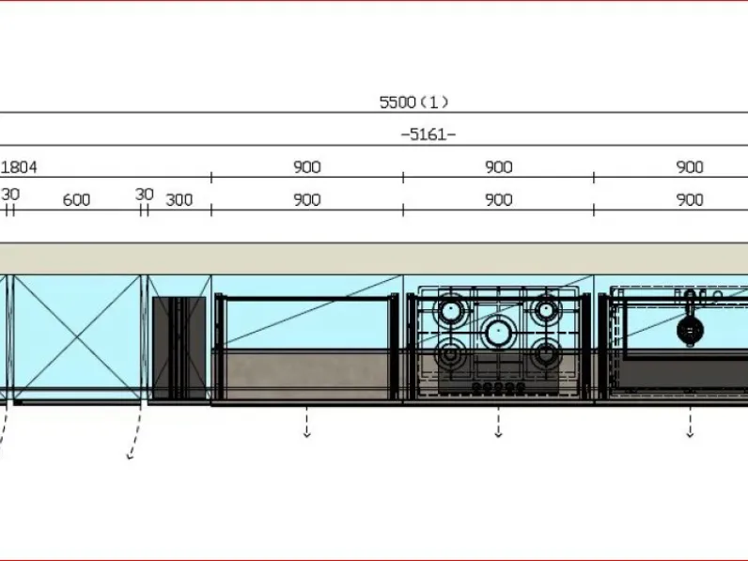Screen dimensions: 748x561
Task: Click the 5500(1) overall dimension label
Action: pyautogui.click(x=413, y=102)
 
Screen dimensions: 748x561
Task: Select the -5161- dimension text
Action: pyautogui.click(x=428, y=134)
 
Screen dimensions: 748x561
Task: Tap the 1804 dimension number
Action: pyautogui.click(x=19, y=167)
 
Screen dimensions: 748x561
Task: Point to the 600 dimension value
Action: pyautogui.click(x=76, y=200)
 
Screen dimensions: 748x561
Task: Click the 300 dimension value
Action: pyautogui.click(x=179, y=200)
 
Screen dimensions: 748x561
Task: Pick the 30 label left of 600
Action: pyautogui.click(x=10, y=195)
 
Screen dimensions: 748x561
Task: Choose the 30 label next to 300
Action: pyautogui.click(x=144, y=195)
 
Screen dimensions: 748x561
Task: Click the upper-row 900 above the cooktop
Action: pyautogui.click(x=498, y=167)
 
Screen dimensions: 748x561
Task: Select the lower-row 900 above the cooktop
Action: pyautogui.click(x=498, y=200)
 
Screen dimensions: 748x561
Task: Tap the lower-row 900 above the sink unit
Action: pyautogui.click(x=690, y=200)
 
